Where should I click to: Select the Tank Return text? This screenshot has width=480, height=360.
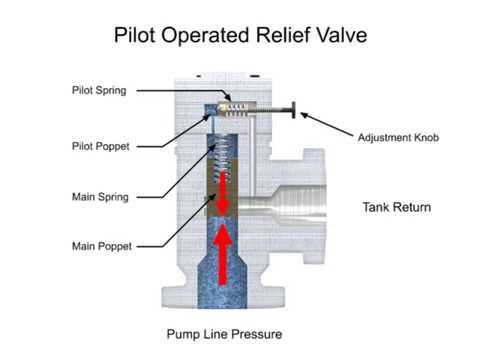point(395,208)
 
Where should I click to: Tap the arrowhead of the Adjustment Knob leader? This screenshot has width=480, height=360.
point(302,115)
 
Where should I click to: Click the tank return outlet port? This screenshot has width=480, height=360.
point(300,206)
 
